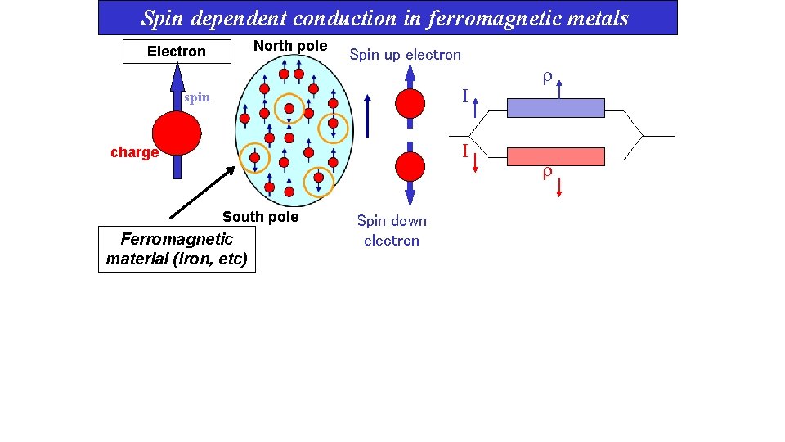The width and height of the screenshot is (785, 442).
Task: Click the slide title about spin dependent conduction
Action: tap(385, 17)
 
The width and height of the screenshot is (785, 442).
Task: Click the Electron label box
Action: tap(177, 52)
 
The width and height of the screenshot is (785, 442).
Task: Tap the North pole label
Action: tap(290, 46)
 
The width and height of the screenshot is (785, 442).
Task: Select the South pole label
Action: tap(261, 217)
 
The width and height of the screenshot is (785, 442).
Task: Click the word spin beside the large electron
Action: tap(197, 97)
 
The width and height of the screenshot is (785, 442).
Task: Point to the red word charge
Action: tap(134, 152)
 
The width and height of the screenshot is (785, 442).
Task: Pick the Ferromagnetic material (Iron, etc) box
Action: tap(177, 250)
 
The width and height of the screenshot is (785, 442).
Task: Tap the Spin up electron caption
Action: tap(406, 55)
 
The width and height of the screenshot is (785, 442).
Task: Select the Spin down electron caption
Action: tap(392, 230)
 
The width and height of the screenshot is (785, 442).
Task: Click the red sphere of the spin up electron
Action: tap(410, 104)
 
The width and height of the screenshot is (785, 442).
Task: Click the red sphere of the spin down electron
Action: tap(410, 166)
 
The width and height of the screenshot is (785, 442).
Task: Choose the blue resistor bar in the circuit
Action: tap(556, 108)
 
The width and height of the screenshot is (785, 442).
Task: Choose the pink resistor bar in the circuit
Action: tap(556, 156)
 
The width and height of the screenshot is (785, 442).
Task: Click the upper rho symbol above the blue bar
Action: tap(547, 79)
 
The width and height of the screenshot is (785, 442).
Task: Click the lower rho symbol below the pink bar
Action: tap(547, 173)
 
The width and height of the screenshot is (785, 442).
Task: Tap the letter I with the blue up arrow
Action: tap(464, 97)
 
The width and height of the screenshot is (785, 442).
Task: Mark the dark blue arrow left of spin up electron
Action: tap(368, 115)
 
